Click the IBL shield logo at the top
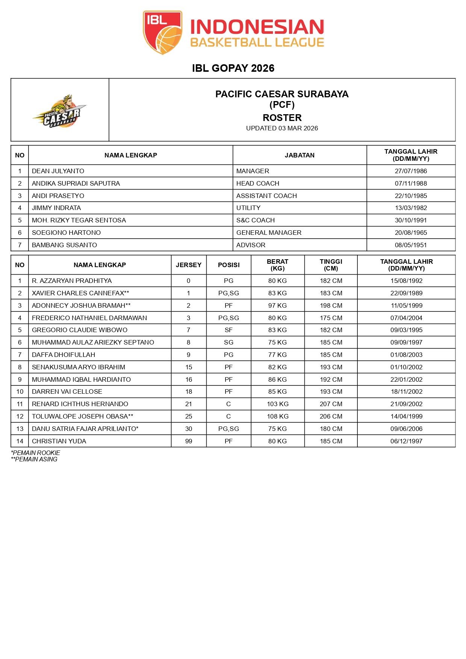tap(162, 32)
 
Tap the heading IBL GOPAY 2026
tap(233, 68)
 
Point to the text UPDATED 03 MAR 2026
tap(282, 128)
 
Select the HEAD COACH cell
tap(258, 183)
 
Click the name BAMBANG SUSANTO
tap(64, 245)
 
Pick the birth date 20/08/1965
tap(411, 233)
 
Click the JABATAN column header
tap(300, 155)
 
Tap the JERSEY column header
tap(189, 265)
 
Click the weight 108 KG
tap(277, 416)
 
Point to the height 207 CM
tap(331, 404)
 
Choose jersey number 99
tap(189, 441)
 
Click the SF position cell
tap(228, 330)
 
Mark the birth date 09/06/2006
tap(406, 429)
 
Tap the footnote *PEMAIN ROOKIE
tap(35, 453)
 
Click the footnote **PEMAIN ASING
tap(34, 459)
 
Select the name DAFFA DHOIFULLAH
tap(64, 355)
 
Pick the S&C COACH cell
tap(256, 220)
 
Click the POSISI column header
tap(228, 265)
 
